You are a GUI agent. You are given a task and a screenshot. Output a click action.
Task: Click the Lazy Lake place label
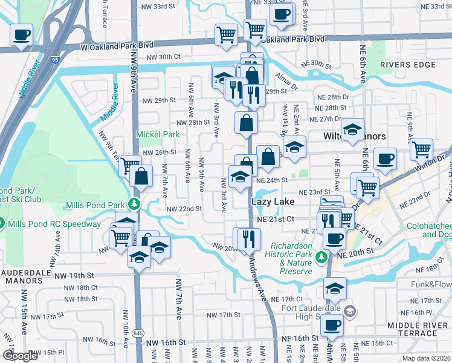point(270,201)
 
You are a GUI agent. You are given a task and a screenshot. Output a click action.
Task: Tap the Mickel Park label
point(158,134)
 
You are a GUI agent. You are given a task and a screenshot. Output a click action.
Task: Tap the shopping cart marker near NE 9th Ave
point(422,148)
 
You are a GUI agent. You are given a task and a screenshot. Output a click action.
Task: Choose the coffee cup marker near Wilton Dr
point(384,160)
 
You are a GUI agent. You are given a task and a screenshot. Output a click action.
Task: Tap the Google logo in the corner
point(20,356)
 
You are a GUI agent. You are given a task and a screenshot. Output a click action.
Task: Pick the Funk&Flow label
point(432,284)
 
